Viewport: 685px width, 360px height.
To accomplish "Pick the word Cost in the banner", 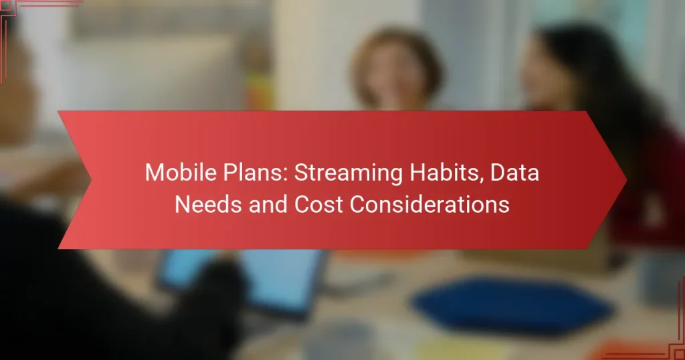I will coord(316,205).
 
